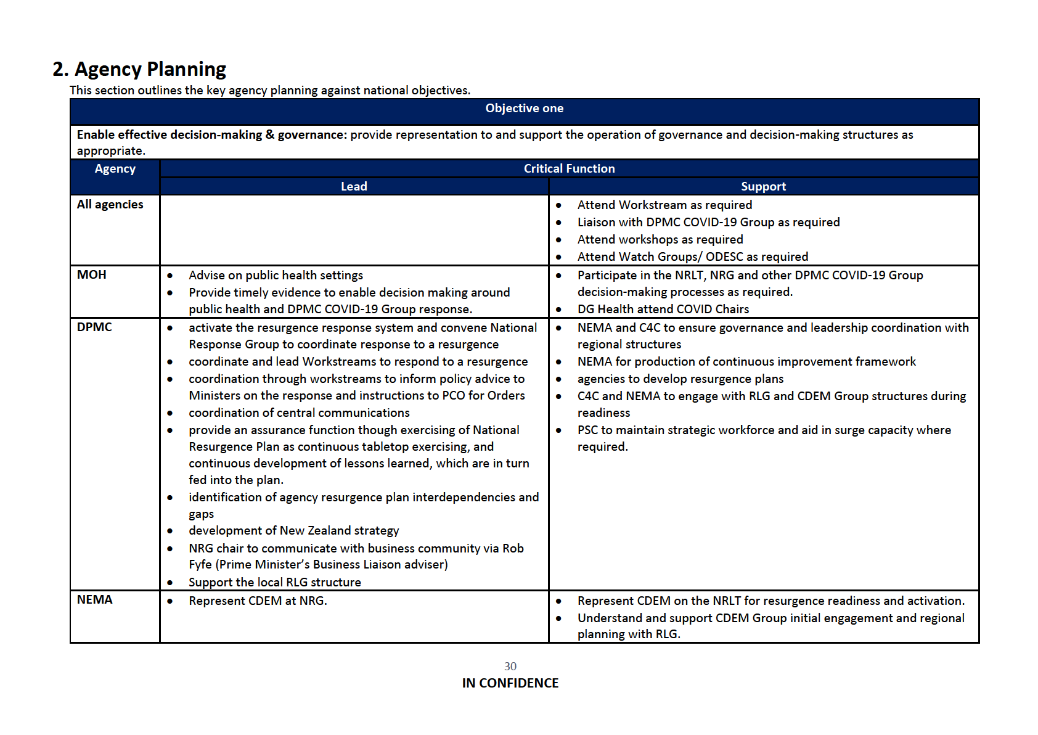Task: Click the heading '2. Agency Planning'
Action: pos(139,69)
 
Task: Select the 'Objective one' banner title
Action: pos(524,109)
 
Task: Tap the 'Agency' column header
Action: pos(115,169)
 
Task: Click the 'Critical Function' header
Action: pos(569,169)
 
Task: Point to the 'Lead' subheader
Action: pos(354,186)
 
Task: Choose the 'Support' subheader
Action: pos(763,186)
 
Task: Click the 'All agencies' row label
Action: pos(110,205)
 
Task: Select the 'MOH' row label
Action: pos(92,275)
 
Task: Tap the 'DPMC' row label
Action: pos(95,327)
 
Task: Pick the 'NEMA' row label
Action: pos(95,600)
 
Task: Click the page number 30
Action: pos(510,667)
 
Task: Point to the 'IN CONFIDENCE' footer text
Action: pos(510,683)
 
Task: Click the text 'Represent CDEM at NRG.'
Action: pos(258,601)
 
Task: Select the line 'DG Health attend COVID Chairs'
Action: pos(663,310)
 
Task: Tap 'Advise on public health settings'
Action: pos(276,276)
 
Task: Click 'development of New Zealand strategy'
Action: pos(293,531)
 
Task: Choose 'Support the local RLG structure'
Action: pos(275,583)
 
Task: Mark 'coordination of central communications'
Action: pos(299,413)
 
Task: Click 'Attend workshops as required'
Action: pos(660,240)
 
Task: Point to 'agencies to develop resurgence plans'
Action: pos(680,379)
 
